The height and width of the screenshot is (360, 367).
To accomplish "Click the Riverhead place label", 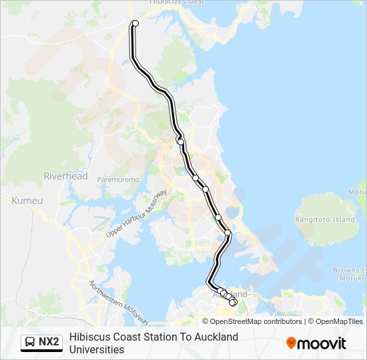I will [x=65, y=176].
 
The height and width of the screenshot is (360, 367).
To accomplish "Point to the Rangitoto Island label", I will [x=325, y=219].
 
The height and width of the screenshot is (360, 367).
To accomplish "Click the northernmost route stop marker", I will [x=135, y=23].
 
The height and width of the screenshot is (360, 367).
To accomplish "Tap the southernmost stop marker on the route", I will [x=233, y=303].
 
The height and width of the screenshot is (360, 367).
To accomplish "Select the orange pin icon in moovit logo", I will [x=291, y=343].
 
